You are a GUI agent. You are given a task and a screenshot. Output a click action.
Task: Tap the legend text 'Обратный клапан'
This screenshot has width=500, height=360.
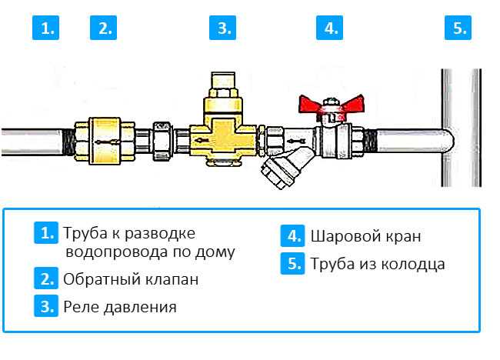[x=131, y=279]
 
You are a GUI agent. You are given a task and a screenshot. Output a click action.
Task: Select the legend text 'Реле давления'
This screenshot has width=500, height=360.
[x=120, y=307]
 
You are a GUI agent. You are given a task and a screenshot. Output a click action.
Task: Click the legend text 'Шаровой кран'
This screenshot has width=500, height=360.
[x=365, y=236]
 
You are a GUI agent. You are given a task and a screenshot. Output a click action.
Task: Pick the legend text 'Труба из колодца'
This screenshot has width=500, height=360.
[x=378, y=264]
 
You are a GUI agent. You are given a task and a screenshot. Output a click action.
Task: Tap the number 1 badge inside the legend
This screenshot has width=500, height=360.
[x=46, y=233]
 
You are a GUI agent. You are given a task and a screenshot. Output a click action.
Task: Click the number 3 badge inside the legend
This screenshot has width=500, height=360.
[x=46, y=306]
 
